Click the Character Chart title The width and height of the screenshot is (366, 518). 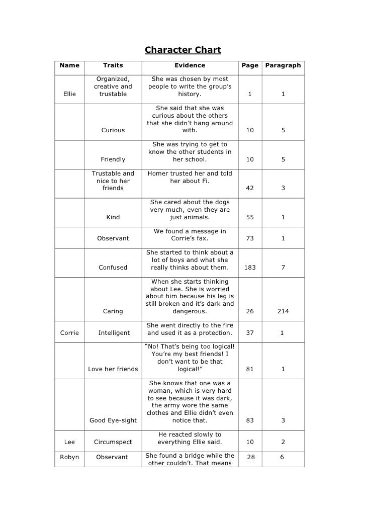point(183,50)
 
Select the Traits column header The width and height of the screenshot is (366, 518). point(113,65)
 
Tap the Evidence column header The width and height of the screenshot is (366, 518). point(190,65)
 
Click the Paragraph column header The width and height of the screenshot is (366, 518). point(283,65)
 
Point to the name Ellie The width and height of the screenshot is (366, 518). point(69,94)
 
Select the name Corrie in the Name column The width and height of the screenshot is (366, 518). point(69,333)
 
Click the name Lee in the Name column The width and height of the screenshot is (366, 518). point(69,442)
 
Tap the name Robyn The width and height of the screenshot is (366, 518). point(69,457)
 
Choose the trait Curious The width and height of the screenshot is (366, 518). point(113,130)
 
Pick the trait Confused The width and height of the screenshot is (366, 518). point(113,268)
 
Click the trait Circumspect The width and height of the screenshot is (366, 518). point(113,442)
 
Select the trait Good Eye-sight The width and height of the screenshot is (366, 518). point(113,420)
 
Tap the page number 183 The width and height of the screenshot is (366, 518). point(250,268)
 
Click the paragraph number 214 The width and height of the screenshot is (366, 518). point(283,311)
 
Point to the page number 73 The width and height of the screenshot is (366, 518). point(250,238)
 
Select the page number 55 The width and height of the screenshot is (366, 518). point(250,217)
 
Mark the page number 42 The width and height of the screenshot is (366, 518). point(250,188)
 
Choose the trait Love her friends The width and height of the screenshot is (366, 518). point(113,369)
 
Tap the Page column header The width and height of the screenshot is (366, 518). point(250,65)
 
